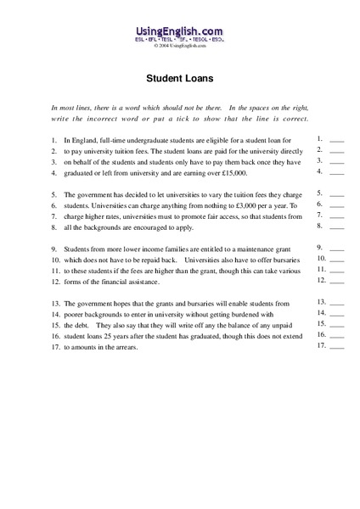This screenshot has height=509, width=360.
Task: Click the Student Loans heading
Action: (x=179, y=76)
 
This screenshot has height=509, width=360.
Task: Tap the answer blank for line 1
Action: (x=336, y=138)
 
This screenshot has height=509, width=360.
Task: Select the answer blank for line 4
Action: (x=336, y=171)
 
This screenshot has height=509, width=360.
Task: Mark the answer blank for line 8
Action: (x=336, y=227)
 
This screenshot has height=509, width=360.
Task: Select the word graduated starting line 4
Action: (x=79, y=172)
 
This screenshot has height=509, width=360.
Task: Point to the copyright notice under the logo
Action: (x=179, y=47)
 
